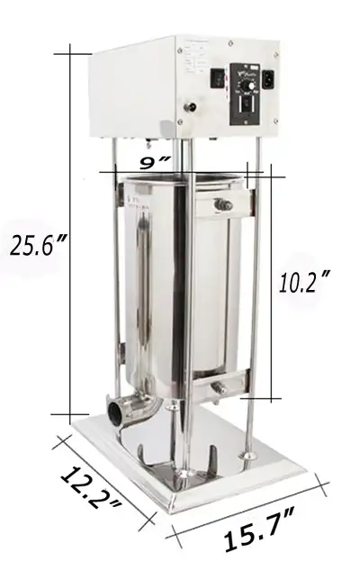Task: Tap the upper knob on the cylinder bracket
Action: [224, 205]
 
